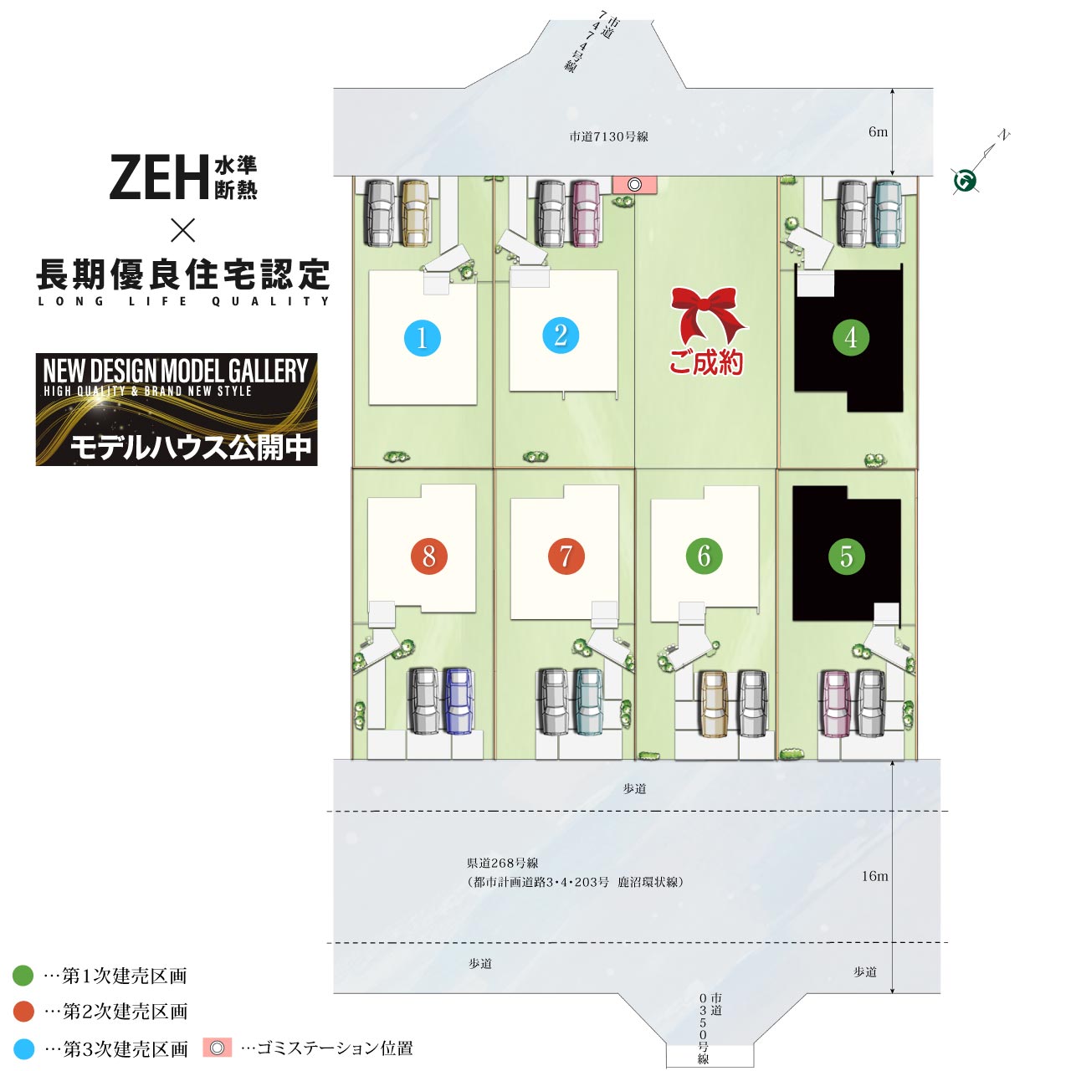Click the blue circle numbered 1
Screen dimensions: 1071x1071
pos(422,338)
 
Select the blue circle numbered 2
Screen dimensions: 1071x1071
pos(561,336)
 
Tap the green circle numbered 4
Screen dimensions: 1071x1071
pos(851,337)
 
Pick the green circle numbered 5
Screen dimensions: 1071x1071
pos(846,556)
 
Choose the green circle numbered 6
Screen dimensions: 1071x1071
pos(704,556)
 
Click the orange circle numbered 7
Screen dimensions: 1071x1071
pos(566,556)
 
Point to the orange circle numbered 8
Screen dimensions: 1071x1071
pos(428,556)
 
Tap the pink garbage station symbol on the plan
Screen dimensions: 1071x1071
pos(634,184)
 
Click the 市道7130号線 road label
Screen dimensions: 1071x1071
pos(608,136)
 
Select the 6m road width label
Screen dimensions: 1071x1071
pos(878,131)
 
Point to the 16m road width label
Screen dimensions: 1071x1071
pos(874,876)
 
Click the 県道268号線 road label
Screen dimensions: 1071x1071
pos(503,863)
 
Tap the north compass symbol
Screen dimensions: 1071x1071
pos(966,179)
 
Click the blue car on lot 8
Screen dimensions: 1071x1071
pos(458,700)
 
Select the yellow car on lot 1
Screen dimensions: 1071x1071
pos(414,213)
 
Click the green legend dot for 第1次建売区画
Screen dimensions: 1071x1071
pos(23,976)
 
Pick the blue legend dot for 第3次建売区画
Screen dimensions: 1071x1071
pos(23,1048)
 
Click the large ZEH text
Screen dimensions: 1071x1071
pos(159,178)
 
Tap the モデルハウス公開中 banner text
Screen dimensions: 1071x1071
pos(191,447)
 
